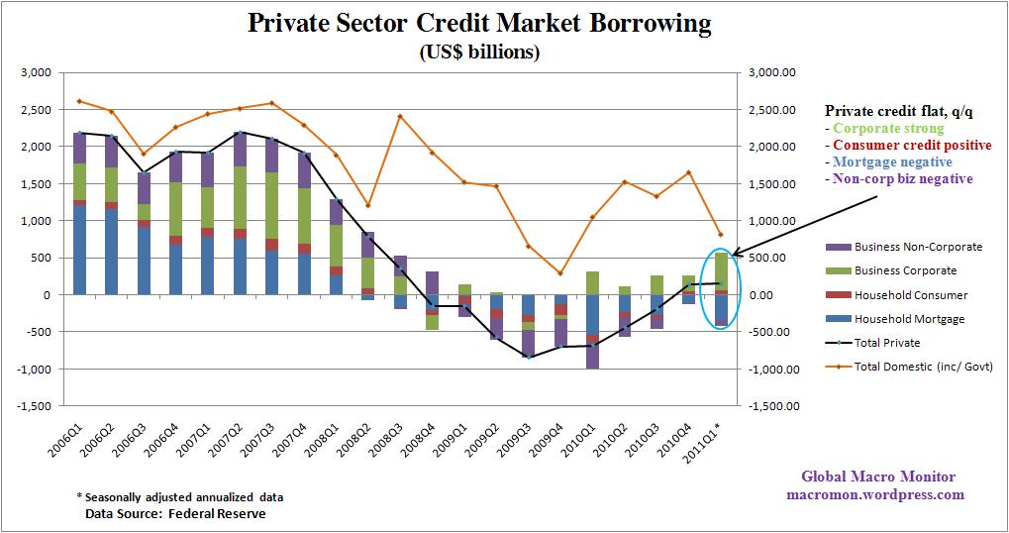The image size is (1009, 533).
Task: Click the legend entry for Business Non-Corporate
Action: pyautogui.click(x=905, y=247)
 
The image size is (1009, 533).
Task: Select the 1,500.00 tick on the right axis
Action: pyautogui.click(x=775, y=184)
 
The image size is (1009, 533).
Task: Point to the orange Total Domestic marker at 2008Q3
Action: pyautogui.click(x=400, y=116)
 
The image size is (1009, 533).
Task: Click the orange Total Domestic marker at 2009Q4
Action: pyautogui.click(x=560, y=273)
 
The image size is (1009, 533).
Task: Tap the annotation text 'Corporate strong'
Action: pyautogui.click(x=888, y=128)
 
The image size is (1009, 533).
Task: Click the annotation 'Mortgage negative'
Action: pyautogui.click(x=892, y=161)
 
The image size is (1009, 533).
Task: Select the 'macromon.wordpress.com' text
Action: pyautogui.click(x=874, y=494)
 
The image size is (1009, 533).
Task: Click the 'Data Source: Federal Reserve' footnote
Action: pyautogui.click(x=175, y=513)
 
